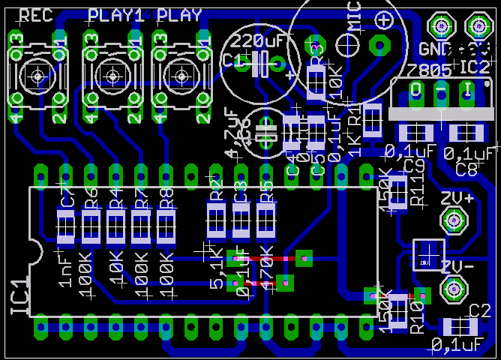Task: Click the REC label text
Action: [35, 16]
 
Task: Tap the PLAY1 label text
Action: [116, 15]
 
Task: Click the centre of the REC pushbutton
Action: [37, 75]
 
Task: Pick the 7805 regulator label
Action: [430, 70]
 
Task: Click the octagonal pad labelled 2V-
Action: [452, 289]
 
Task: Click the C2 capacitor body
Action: [460, 327]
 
